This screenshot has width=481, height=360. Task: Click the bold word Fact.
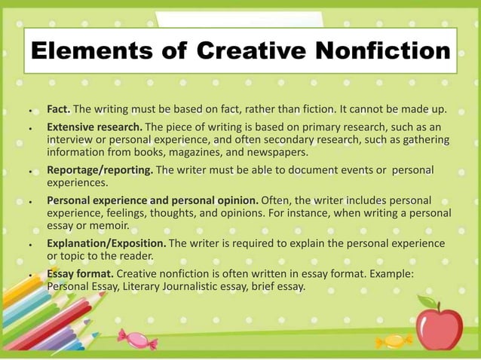pyautogui.click(x=58, y=110)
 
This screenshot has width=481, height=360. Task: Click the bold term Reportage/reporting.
pyautogui.click(x=100, y=170)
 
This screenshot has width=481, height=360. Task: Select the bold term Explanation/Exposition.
pyautogui.click(x=106, y=244)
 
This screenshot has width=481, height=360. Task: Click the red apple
pyautogui.click(x=439, y=325)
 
